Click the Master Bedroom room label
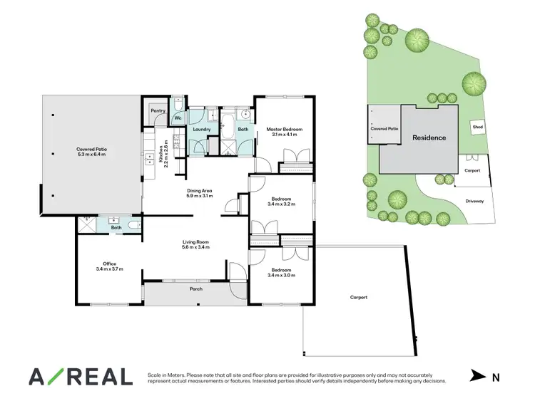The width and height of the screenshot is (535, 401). point(285,130)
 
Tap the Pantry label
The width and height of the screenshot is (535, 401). point(158,110)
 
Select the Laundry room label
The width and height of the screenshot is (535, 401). point(200,129)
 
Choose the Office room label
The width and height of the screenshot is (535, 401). point(109,264)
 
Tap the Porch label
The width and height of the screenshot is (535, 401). point(196,289)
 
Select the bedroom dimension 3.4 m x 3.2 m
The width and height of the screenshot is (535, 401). point(282,204)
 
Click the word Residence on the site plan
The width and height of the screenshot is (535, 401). point(429,137)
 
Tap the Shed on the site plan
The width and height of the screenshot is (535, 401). point(477,127)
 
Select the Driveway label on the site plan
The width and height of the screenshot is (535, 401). point(474,201)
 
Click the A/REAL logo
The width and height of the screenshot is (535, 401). point(80,376)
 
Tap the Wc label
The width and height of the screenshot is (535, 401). point(178,117)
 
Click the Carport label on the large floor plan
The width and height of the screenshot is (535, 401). point(358,297)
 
